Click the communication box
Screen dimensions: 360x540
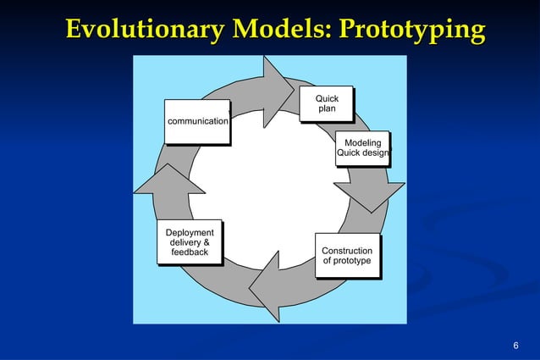click(198, 121)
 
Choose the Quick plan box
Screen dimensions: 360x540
click(327, 104)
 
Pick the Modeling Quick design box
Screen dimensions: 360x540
click(362, 148)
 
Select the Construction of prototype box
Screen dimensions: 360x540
click(346, 256)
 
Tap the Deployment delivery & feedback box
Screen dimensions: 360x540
click(190, 242)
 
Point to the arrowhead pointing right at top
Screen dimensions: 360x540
click(276, 91)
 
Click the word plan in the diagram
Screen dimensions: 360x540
click(327, 110)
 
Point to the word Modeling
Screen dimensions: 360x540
click(362, 143)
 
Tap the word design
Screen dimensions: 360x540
click(375, 153)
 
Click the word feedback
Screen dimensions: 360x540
click(190, 252)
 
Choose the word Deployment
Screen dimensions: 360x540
click(190, 232)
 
